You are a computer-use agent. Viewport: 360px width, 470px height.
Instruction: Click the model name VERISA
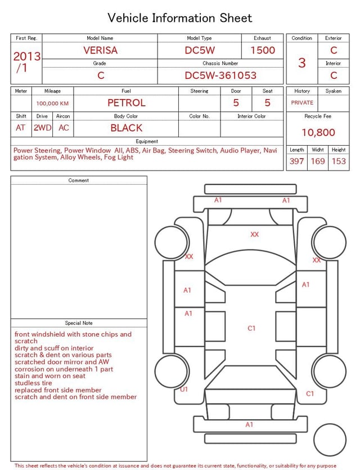(100, 50)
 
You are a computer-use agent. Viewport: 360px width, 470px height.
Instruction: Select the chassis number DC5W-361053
(220, 75)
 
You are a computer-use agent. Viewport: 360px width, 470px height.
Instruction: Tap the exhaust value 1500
(263, 50)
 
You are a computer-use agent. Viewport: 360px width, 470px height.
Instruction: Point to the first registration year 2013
(27, 56)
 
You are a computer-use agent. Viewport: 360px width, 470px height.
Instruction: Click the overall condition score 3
(302, 63)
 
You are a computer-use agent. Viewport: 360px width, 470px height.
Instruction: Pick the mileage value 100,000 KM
(52, 104)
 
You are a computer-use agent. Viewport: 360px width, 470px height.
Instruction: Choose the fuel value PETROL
(127, 103)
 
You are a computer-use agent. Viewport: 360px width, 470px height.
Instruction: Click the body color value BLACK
(127, 128)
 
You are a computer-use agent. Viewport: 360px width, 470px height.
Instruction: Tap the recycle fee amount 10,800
(318, 132)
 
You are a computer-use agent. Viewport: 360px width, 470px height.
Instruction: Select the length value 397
(296, 161)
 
